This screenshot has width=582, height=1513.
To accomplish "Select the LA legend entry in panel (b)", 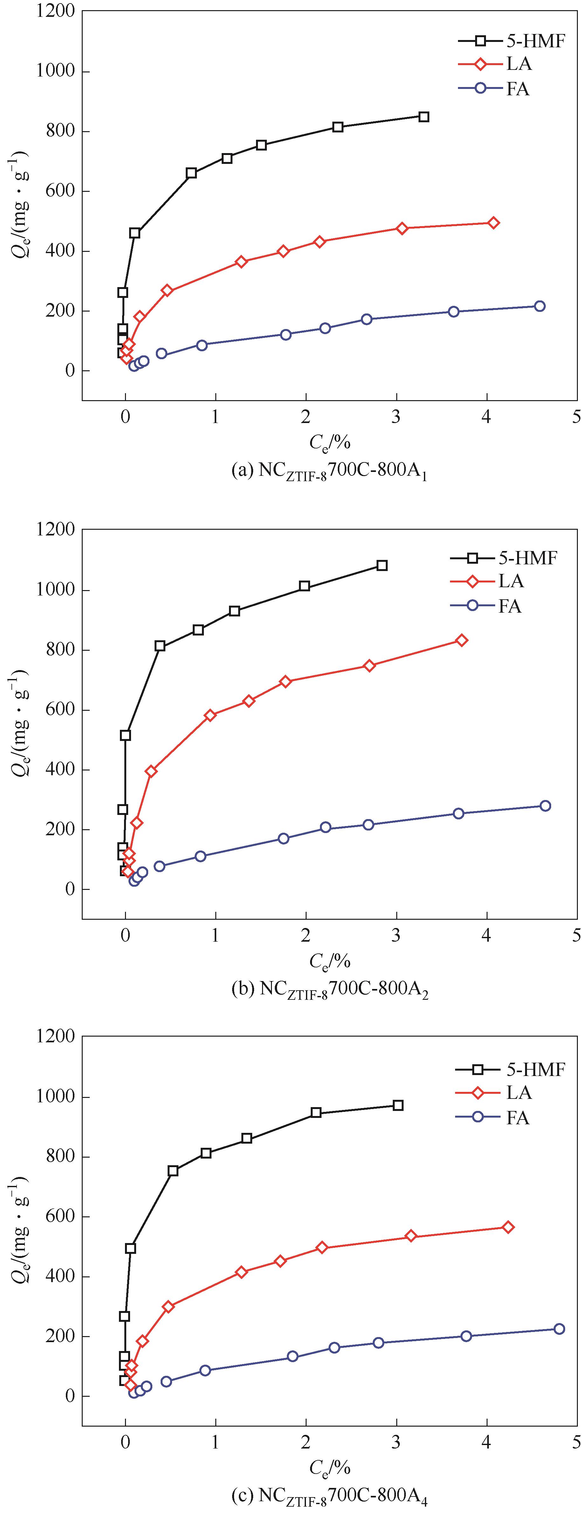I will tap(510, 582).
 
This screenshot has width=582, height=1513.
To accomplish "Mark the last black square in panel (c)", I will tap(398, 1106).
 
